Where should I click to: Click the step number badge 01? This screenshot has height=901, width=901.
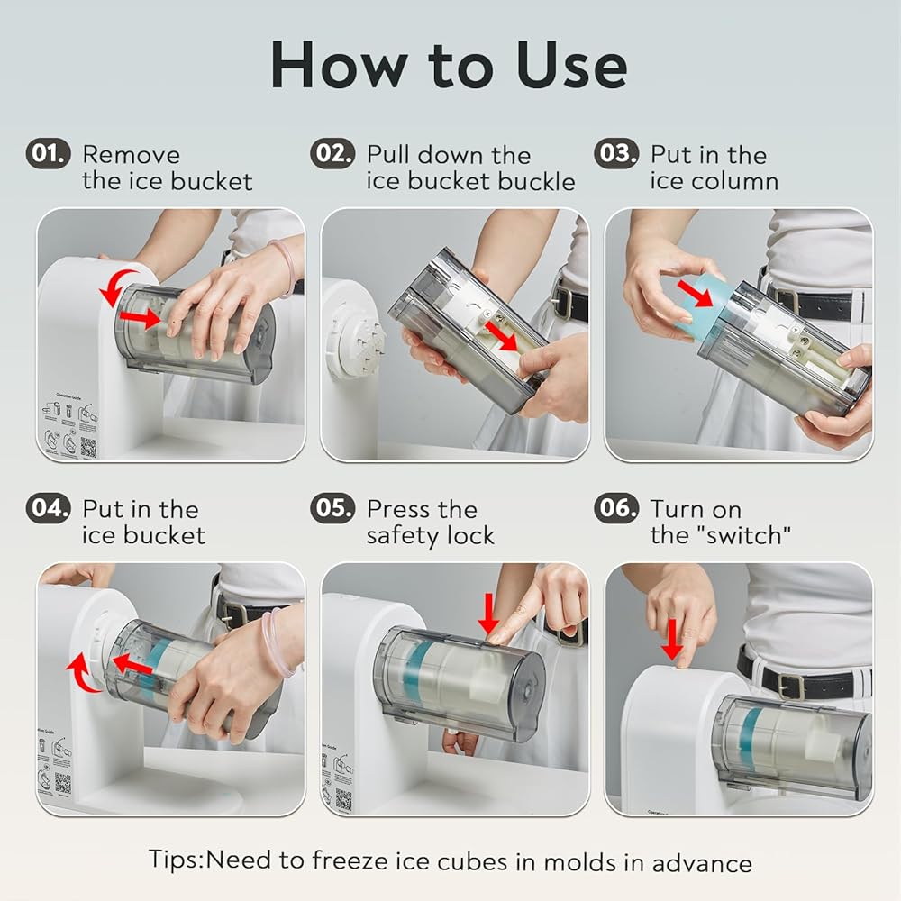[x=49, y=153]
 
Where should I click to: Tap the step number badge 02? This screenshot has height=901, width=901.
[x=332, y=153]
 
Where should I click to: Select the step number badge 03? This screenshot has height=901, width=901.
[x=616, y=153]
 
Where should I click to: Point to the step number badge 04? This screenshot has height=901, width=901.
[x=49, y=508]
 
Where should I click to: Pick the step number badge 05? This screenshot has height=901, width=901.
[x=332, y=508]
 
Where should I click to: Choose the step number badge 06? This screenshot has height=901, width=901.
[x=616, y=508]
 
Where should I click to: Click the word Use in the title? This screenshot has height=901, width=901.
[x=571, y=66]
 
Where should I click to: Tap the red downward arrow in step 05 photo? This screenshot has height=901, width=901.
[x=488, y=613]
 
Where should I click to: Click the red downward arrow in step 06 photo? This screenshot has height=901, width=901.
[x=671, y=639]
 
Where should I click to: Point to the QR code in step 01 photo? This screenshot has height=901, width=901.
[x=88, y=447]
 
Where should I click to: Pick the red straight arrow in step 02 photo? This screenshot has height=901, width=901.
[x=500, y=335]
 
